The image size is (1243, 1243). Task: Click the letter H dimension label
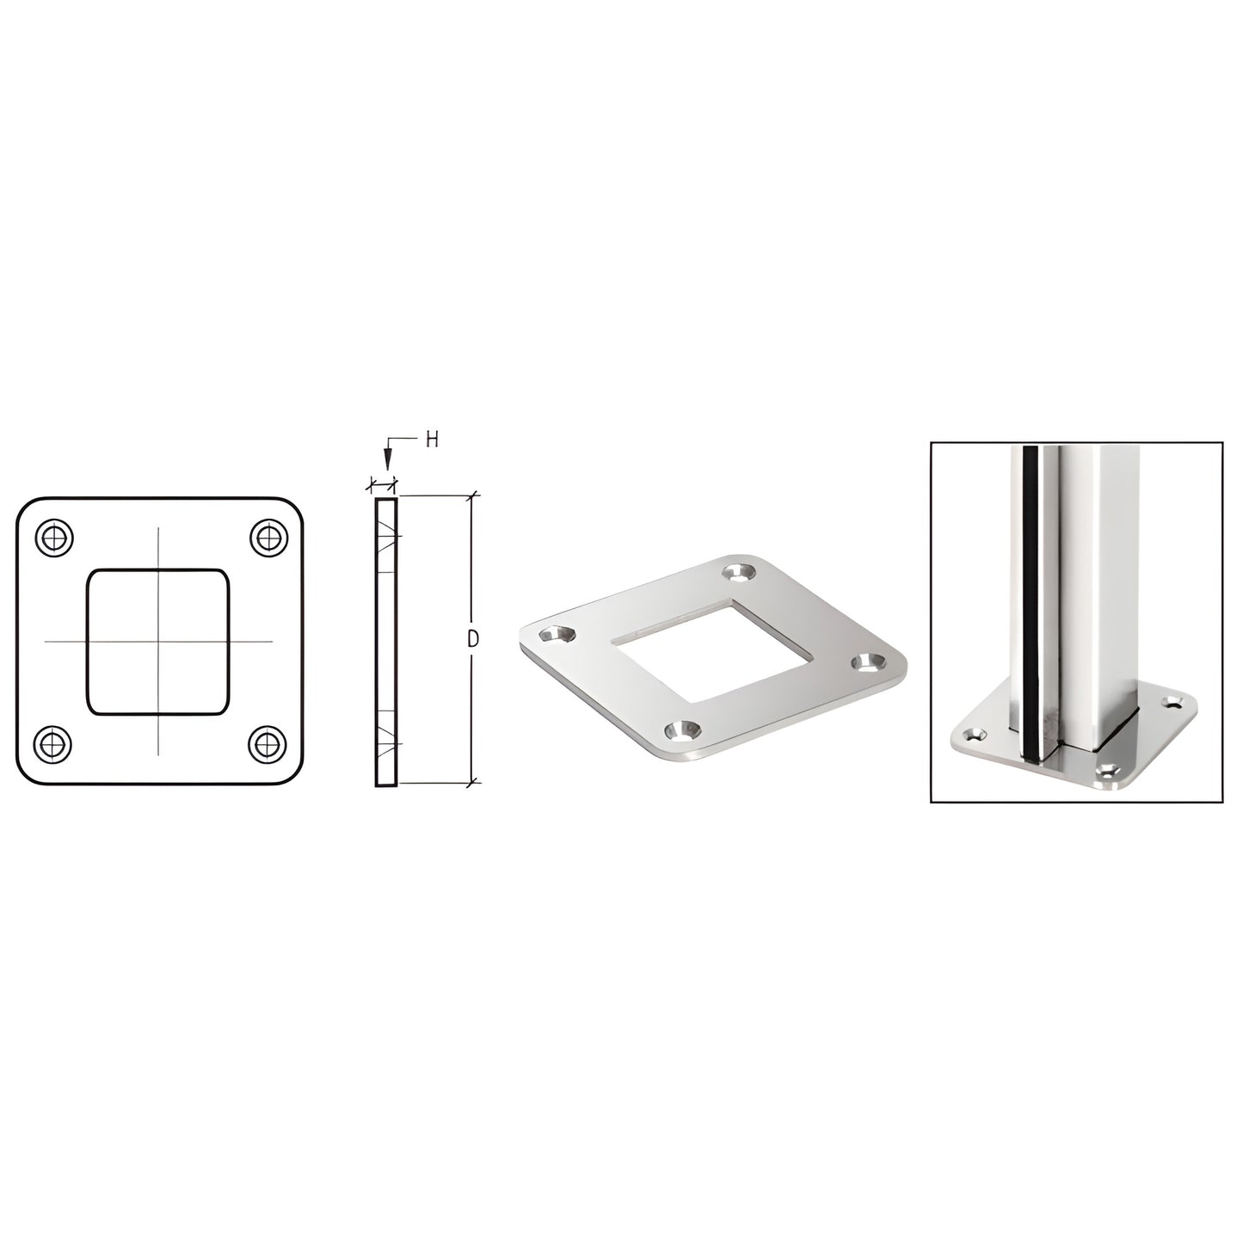point(432,440)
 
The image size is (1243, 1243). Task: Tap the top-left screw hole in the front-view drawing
point(55,537)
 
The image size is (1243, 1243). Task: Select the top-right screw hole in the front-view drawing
point(268,537)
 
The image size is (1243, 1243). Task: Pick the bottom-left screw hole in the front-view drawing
point(52,744)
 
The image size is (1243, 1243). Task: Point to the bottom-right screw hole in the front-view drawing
point(267,744)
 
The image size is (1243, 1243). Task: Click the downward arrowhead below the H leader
point(387,459)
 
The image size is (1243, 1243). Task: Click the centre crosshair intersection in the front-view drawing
point(158,641)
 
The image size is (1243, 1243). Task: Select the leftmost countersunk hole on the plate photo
point(558,633)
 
